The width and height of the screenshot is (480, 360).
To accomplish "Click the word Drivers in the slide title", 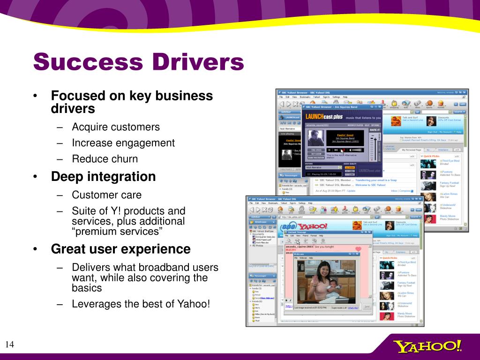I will [x=197, y=62].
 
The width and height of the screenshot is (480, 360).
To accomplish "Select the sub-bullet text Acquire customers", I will [x=115, y=127].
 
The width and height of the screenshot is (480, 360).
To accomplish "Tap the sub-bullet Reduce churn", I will [x=105, y=159].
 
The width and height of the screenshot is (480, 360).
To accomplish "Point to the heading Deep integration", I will [x=103, y=177].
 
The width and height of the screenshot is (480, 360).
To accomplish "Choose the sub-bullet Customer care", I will [x=106, y=195].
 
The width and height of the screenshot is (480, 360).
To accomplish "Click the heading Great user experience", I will [x=120, y=249].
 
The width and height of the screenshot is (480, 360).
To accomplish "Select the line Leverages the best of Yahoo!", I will [x=141, y=304].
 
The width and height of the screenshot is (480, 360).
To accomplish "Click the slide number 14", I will [x=10, y=345].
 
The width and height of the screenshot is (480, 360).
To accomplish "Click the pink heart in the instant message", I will [x=358, y=249].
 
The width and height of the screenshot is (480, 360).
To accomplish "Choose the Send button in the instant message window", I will [x=367, y=307].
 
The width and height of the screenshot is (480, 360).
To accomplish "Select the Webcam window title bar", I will [x=323, y=254].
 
